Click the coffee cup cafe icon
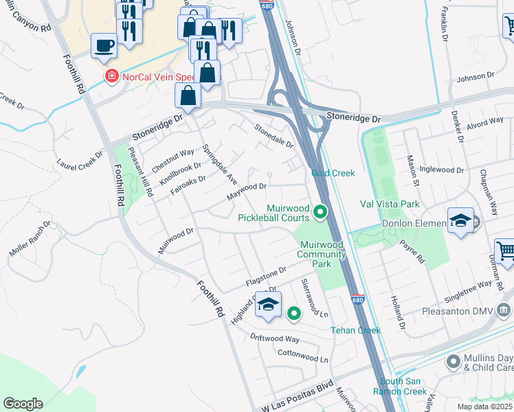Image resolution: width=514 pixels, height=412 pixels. (x=104, y=46)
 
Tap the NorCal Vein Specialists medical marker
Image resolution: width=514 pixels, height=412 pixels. (x=109, y=76)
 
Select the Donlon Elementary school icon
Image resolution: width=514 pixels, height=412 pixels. (x=460, y=221)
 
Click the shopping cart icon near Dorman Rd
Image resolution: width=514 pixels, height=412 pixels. (x=505, y=251)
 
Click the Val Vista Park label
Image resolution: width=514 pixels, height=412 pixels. (x=390, y=204)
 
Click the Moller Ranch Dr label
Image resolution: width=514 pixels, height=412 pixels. (x=30, y=240)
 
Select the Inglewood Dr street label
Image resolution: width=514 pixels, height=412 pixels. (x=442, y=170)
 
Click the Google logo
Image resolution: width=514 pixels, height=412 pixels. (x=23, y=403)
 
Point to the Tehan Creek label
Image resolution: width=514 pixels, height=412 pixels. (x=355, y=330)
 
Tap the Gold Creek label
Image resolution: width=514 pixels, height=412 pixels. (x=333, y=173)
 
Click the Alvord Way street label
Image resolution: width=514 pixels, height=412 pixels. (x=485, y=122)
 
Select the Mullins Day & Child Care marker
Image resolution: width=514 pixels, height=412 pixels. (x=452, y=360)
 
